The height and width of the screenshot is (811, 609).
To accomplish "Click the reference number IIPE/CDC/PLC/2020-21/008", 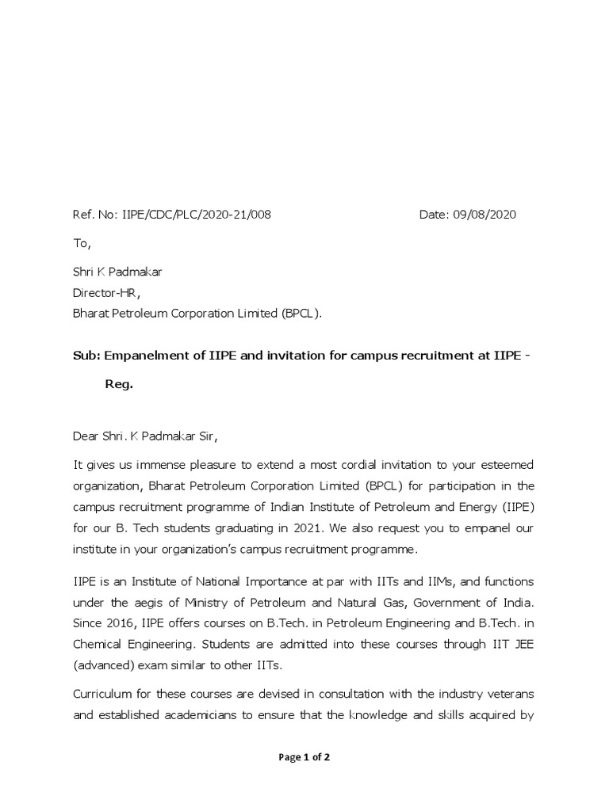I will (196, 215).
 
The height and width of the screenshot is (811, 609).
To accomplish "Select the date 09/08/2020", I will (484, 215).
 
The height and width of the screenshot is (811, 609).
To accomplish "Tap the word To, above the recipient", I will (82, 244).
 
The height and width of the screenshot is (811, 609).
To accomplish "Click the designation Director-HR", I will (106, 292).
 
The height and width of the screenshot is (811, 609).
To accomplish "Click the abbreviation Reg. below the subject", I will (119, 384).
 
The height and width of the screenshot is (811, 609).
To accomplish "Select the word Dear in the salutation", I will (86, 436).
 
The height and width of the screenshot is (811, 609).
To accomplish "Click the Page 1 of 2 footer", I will (304, 757).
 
